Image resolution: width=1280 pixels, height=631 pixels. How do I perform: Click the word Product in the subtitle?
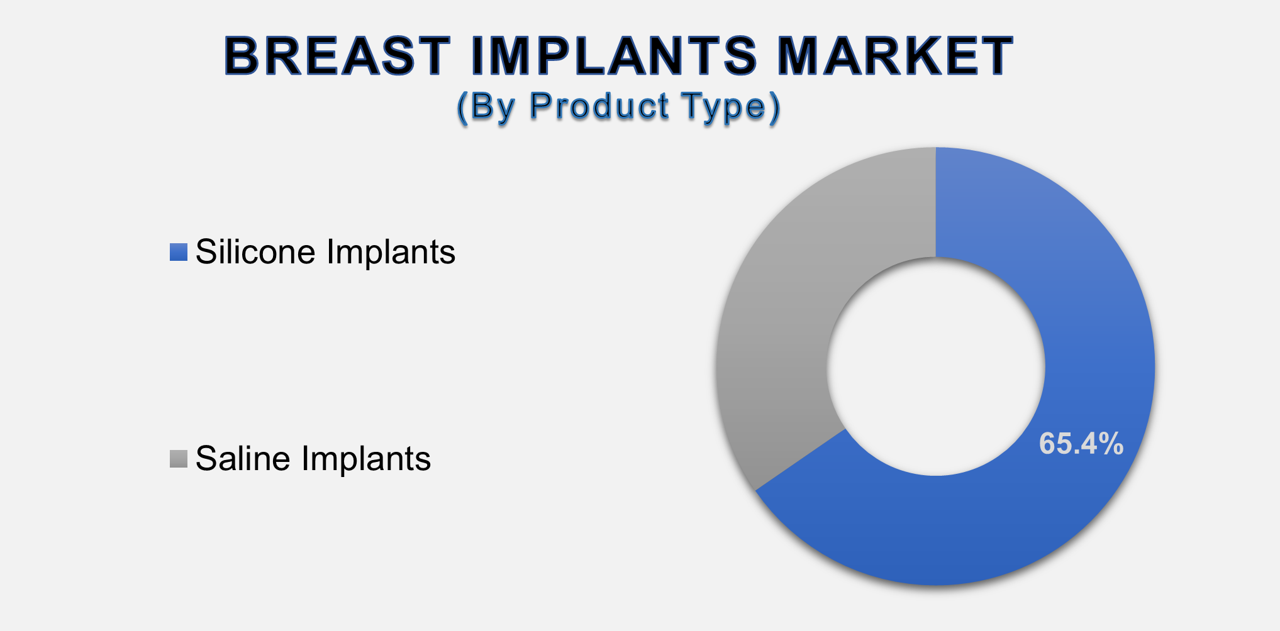[599, 106]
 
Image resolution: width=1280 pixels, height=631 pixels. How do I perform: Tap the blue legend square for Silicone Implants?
[179, 252]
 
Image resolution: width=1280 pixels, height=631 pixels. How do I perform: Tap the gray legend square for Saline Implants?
[179, 459]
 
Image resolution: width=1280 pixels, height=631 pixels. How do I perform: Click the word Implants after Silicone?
[391, 253]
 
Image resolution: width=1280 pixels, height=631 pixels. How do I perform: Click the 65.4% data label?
[1081, 444]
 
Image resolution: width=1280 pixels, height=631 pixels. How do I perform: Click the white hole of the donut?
[935, 366]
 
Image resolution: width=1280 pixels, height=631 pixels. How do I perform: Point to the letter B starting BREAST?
[242, 56]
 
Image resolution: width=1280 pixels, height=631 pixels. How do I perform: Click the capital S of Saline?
[207, 459]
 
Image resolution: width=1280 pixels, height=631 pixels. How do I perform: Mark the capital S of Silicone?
[207, 252]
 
